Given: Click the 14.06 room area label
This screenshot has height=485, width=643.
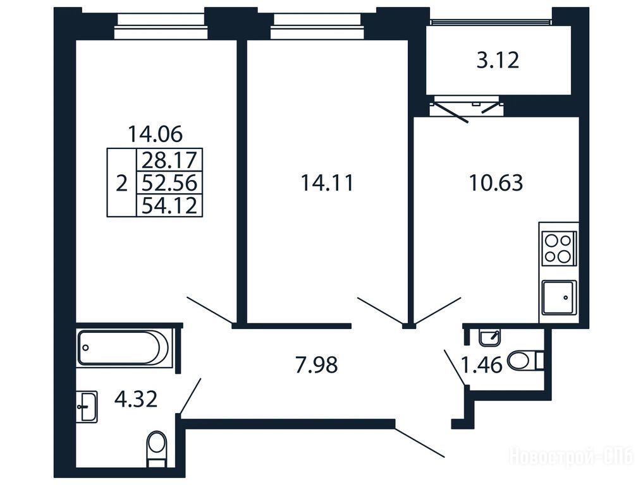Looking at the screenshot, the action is tap(156, 134).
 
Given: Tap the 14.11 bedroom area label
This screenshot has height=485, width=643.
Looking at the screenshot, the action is tap(327, 183).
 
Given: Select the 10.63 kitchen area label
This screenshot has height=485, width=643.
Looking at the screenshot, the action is tap(496, 183).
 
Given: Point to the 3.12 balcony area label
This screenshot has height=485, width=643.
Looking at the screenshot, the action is tap(498, 61).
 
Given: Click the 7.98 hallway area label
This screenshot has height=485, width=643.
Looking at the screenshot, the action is tap(316, 365).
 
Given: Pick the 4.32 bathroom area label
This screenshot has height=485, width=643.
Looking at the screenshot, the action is tap(136, 399).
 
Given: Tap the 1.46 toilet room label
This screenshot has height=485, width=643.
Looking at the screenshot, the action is tap(482, 364).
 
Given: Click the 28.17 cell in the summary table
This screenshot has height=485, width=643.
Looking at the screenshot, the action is tap(169, 160).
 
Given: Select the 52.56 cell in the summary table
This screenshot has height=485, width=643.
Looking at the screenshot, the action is tap(169, 183).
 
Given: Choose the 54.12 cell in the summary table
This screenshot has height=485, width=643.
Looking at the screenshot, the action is tap(169, 205).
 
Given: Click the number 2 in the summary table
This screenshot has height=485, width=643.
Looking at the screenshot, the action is tap(121, 183).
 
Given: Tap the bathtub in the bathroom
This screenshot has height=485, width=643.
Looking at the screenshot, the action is tap(123, 348).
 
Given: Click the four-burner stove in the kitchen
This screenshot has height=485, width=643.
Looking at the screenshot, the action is tap(558, 248).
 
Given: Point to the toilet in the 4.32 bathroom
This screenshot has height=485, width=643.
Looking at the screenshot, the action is tap(157, 448).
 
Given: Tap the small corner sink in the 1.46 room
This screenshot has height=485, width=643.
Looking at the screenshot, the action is tap(489, 337).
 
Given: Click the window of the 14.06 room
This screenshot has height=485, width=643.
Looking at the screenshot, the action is tap(159, 27).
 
